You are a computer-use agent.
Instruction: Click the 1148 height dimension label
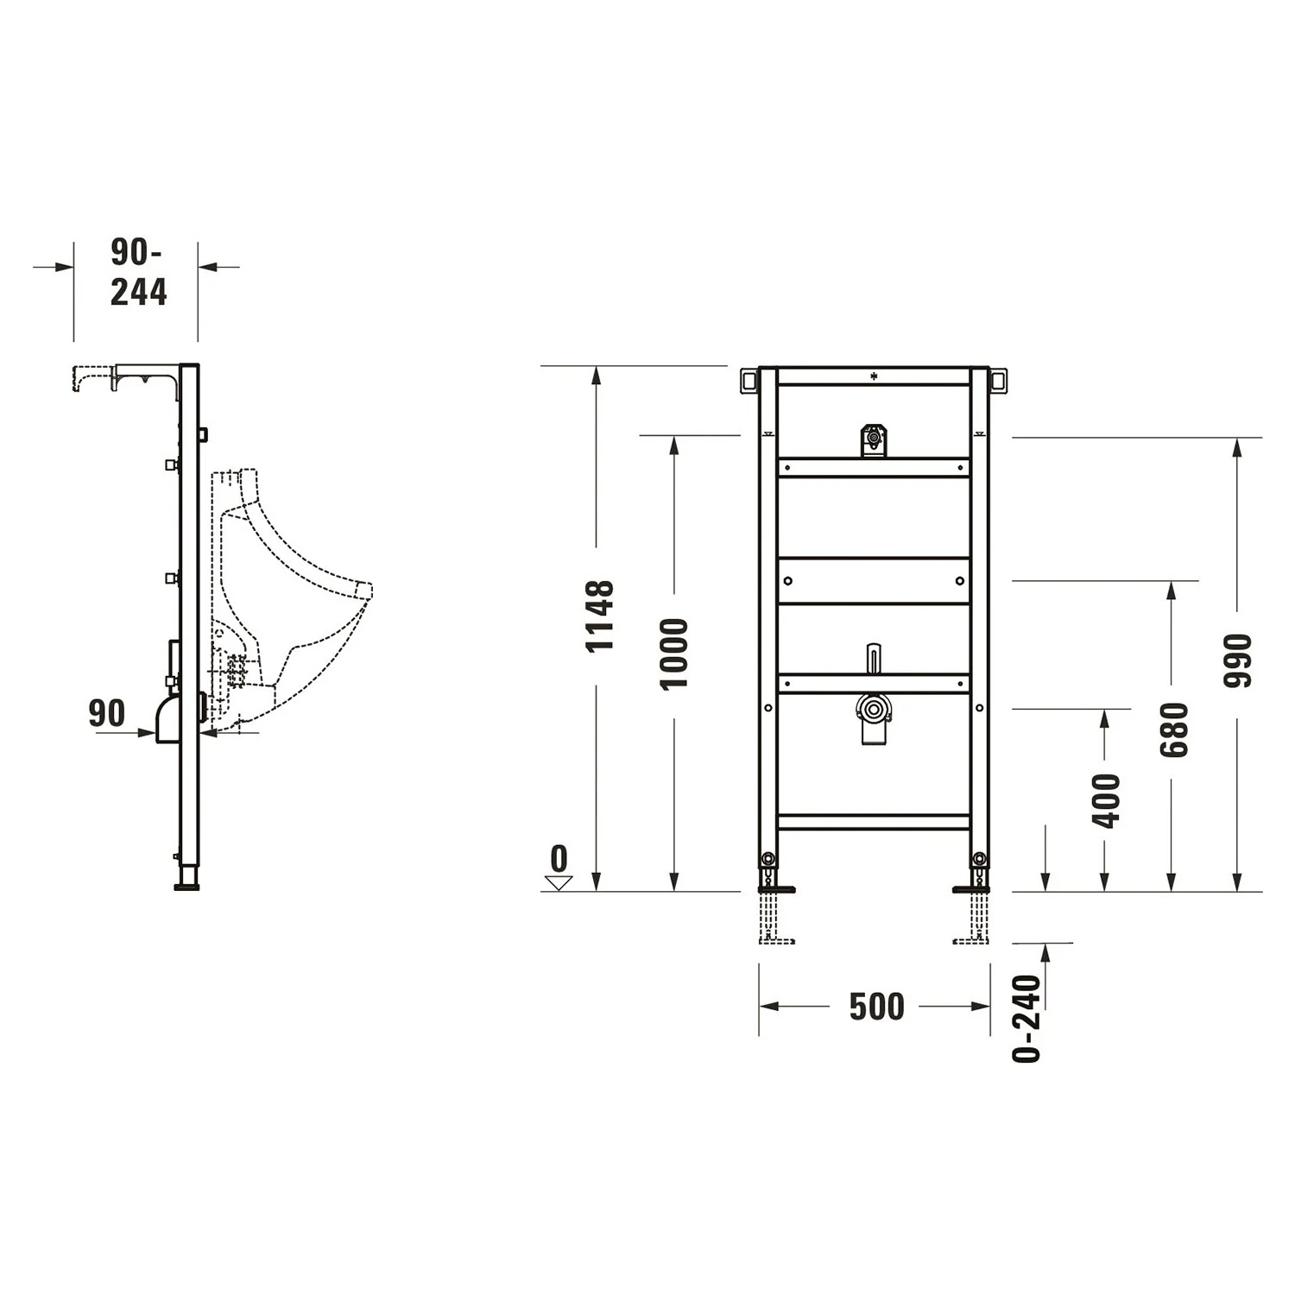(x=599, y=616)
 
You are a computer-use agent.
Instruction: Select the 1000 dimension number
(x=674, y=654)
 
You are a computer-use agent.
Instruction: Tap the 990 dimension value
(x=1237, y=660)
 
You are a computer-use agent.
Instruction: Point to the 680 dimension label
(x=1173, y=730)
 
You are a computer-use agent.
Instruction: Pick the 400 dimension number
(x=1106, y=801)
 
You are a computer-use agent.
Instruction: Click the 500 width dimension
(x=876, y=1007)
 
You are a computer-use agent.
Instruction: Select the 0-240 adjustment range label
(x=1027, y=1019)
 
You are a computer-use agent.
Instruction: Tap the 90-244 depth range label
(x=137, y=273)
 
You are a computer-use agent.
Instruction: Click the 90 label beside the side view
(x=107, y=714)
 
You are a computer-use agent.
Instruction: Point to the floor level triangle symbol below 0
(x=559, y=882)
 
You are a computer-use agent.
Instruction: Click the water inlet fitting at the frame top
(x=874, y=439)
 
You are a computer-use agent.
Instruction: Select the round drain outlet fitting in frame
(x=874, y=711)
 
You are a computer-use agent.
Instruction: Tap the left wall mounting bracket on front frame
(x=748, y=380)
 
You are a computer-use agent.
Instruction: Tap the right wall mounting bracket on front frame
(x=999, y=380)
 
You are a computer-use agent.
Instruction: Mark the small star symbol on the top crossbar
(x=874, y=376)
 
